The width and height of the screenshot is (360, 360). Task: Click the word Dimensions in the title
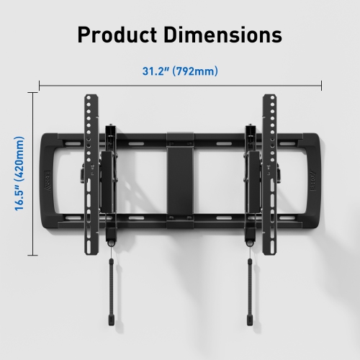[225, 35]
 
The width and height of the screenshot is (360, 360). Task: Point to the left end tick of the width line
[40, 85]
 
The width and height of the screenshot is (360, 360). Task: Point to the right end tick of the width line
[321, 85]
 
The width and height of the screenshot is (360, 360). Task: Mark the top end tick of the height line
[32, 92]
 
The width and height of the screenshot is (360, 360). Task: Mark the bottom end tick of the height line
[32, 254]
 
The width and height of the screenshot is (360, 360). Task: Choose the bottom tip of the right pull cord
[251, 318]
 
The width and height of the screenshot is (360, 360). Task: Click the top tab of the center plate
[180, 135]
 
